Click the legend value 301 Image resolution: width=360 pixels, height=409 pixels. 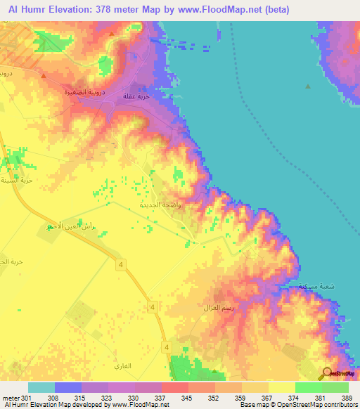(x=20, y=398)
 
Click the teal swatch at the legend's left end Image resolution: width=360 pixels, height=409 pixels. (x=41, y=387)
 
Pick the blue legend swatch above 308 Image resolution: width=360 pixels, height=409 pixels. (x=68, y=387)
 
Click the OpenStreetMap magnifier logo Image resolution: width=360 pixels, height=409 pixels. (x=328, y=373)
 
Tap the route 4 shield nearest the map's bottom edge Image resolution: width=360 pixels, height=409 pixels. (x=166, y=347)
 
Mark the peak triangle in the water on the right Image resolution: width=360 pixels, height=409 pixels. (x=307, y=86)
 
